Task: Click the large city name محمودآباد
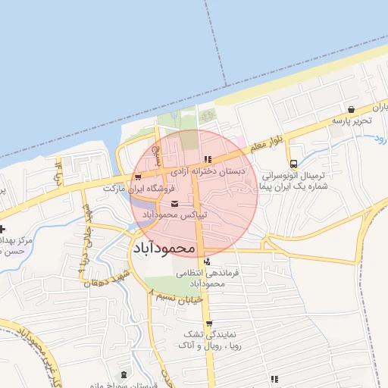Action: pyautogui.click(x=164, y=248)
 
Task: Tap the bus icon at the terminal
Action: pyautogui.click(x=293, y=164)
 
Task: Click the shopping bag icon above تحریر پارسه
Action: pyautogui.click(x=351, y=109)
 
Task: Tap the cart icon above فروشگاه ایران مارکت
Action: pyautogui.click(x=136, y=177)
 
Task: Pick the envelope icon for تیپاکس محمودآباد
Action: pyautogui.click(x=176, y=204)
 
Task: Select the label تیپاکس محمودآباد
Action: pyautogui.click(x=176, y=215)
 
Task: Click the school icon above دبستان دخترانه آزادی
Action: pyautogui.click(x=207, y=159)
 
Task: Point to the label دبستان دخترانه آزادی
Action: pyautogui.click(x=207, y=171)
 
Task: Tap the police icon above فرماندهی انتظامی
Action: pyautogui.click(x=207, y=261)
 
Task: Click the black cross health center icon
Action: pyautogui.click(x=3, y=229)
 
